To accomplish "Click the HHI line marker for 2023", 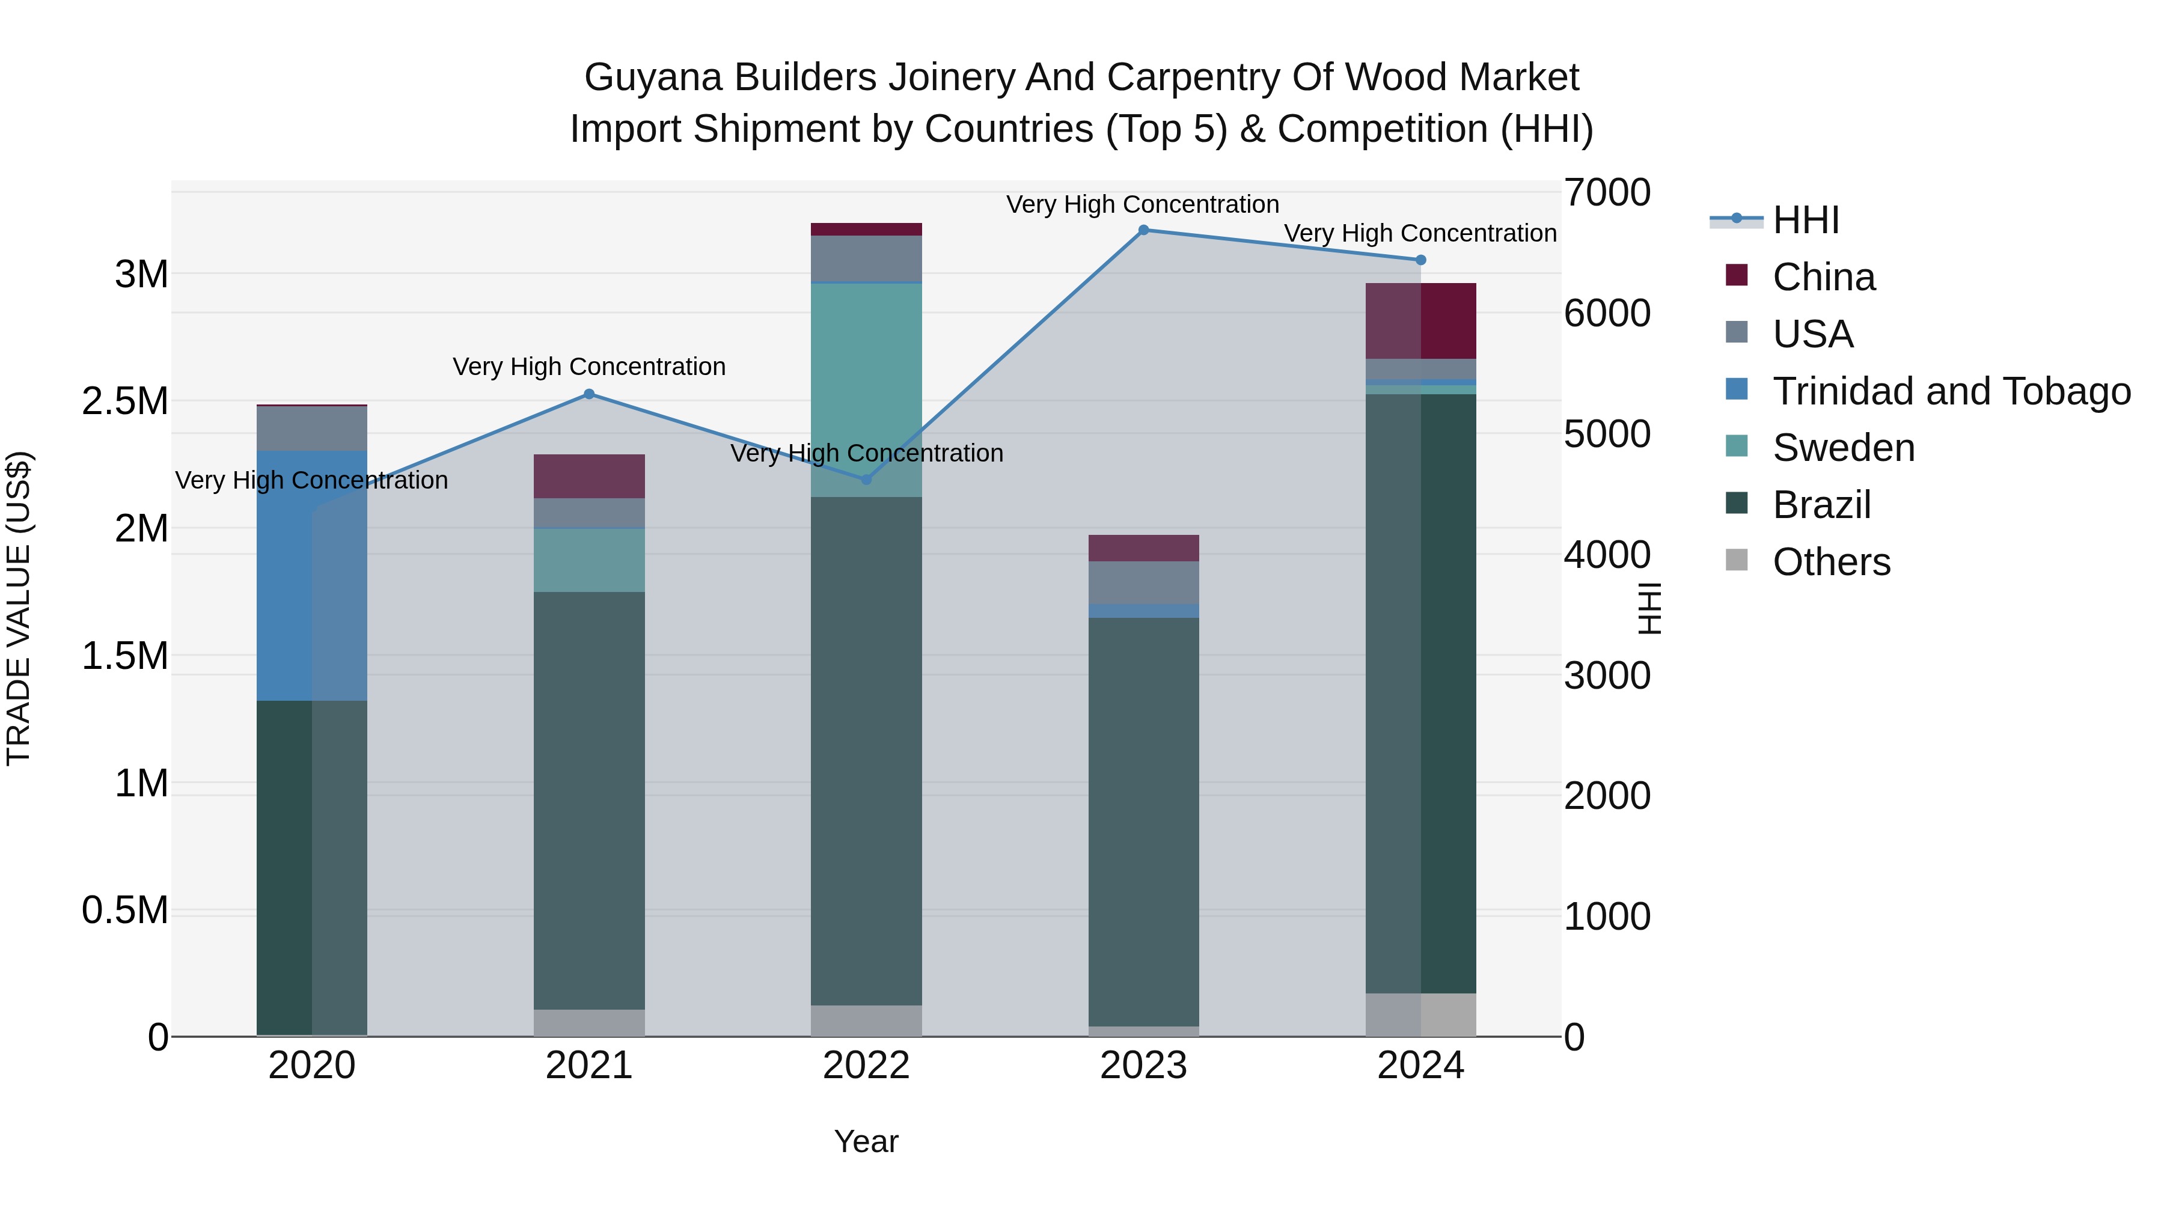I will [1143, 230].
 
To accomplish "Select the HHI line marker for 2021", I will [589, 394].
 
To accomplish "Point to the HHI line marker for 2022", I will [867, 480].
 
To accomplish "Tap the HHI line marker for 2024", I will [1420, 260].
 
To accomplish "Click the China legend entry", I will [1823, 277].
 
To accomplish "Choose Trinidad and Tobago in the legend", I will [1951, 391].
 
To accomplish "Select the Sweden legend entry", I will [1843, 448].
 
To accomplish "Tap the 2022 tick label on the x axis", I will [866, 1066].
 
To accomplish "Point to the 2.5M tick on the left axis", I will [125, 401].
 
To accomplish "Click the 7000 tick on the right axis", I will [1607, 192].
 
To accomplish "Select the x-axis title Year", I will [866, 1141].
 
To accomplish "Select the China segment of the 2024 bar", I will [1420, 321].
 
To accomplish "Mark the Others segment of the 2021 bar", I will [589, 1022].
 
